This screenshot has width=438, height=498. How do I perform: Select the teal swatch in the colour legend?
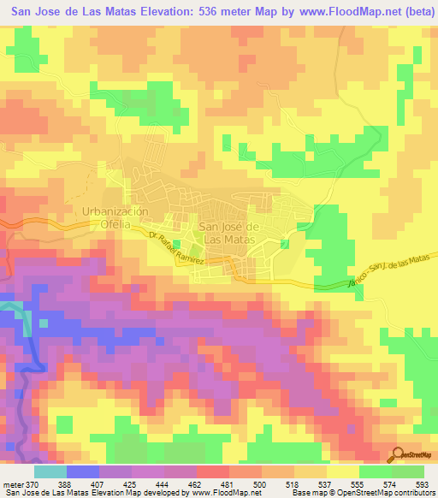pos(50,471)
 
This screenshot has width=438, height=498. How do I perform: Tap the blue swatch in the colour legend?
pos(82,471)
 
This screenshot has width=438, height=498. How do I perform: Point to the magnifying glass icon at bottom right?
pos(399,456)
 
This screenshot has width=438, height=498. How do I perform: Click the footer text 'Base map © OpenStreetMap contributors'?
pos(363,493)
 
